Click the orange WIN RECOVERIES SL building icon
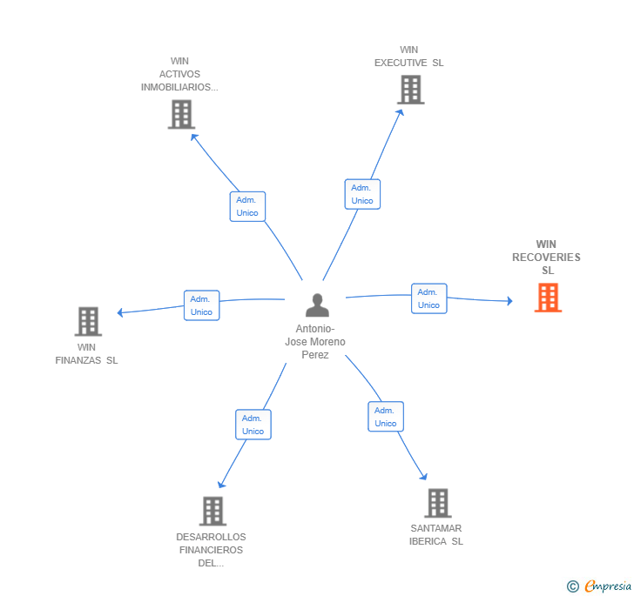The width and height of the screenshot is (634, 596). [x=547, y=298]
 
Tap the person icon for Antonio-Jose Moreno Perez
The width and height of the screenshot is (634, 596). [x=317, y=305]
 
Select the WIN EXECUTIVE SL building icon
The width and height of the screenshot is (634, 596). [x=410, y=90]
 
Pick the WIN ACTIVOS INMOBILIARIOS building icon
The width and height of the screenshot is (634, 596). [x=181, y=114]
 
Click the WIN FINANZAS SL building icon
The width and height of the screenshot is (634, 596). [x=88, y=321]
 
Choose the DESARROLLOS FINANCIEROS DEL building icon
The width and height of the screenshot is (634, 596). [x=212, y=511]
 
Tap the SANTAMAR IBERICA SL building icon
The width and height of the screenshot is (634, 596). [x=437, y=503]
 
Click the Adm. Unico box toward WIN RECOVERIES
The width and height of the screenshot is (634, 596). [x=428, y=298]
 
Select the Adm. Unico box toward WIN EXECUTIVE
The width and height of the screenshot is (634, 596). [x=362, y=194]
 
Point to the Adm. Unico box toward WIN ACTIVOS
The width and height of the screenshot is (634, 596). [x=247, y=206]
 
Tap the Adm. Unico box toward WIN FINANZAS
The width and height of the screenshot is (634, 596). [x=201, y=305]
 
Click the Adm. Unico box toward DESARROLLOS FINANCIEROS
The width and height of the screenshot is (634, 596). [x=253, y=425]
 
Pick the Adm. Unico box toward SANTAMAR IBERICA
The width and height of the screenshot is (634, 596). [x=385, y=417]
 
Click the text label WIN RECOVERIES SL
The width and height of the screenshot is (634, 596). [x=546, y=258]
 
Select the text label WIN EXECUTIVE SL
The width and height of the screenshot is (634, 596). [x=408, y=57]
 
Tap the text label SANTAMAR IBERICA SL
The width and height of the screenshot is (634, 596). [x=436, y=534]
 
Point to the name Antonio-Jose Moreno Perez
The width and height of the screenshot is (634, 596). [x=315, y=341]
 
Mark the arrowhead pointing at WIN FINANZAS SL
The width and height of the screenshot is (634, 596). [x=121, y=312]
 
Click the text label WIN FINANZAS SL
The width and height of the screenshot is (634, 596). [x=86, y=353]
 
